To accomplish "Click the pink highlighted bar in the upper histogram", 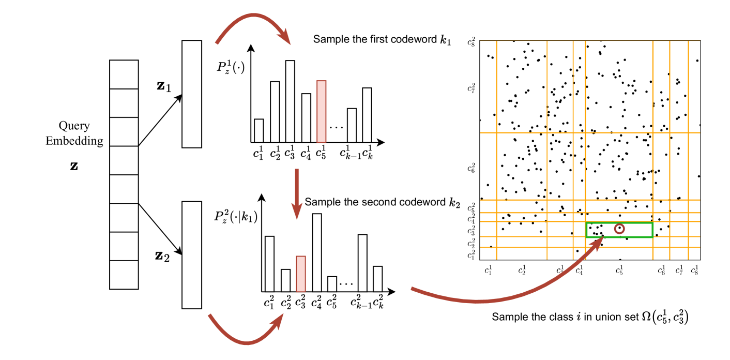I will [322, 111].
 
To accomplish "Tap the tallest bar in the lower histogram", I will [317, 252].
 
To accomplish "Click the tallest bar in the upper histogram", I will [290, 101].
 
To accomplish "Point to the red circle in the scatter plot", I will [619, 228].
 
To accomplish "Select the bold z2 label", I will [163, 255].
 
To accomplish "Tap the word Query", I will [74, 126].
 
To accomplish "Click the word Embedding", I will [74, 141].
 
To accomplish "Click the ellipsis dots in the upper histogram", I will [337, 127].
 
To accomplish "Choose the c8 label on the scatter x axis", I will [694, 269].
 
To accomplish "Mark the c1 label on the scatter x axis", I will [489, 269].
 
